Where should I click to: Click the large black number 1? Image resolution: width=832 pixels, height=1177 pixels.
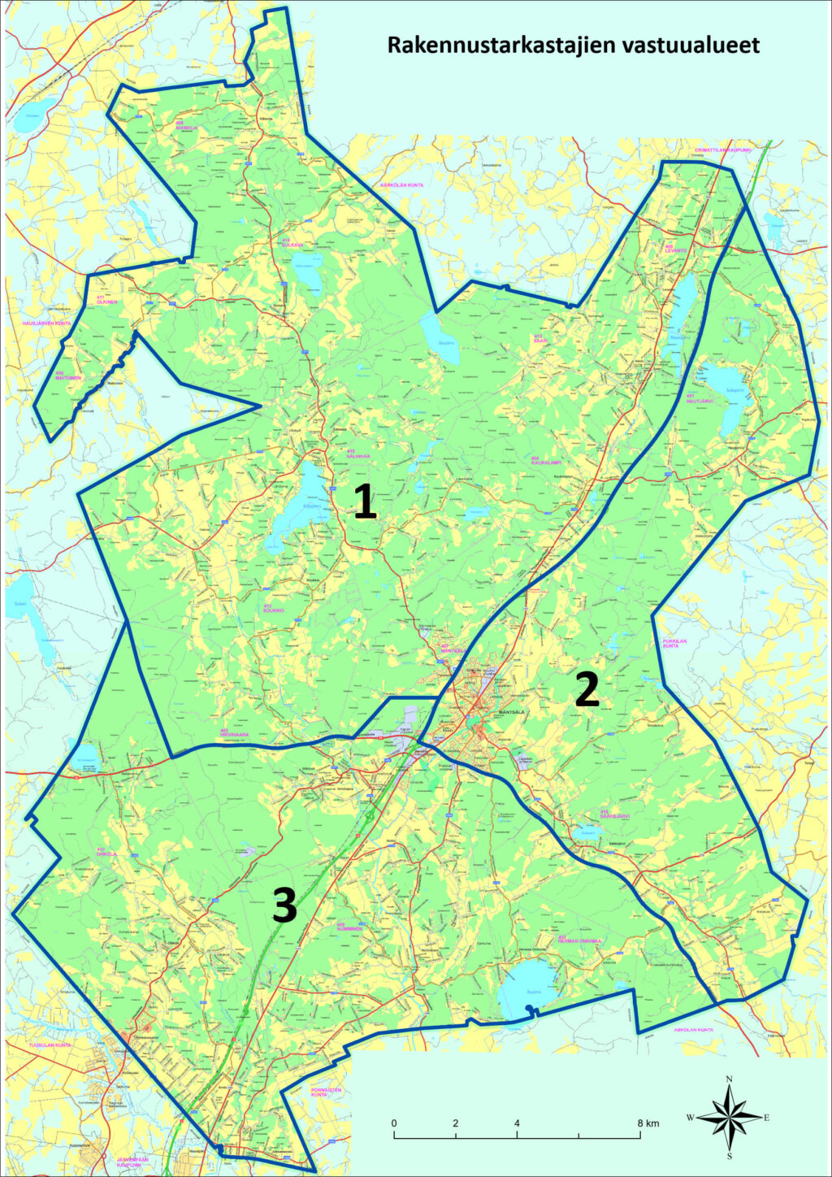(365, 501)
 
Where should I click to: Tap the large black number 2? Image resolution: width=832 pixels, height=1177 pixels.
(587, 690)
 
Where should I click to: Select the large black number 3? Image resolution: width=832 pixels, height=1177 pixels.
(284, 906)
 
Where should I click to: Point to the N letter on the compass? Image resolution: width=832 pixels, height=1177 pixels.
(729, 1079)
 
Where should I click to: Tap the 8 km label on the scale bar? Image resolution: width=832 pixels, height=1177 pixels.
(648, 1123)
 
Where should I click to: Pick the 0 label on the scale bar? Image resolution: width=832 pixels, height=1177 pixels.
(394, 1123)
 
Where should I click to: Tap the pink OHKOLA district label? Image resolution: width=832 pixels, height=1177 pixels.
(84, 853)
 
